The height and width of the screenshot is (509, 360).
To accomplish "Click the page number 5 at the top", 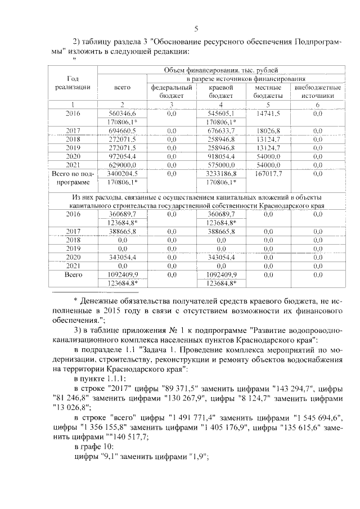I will [196, 29].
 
